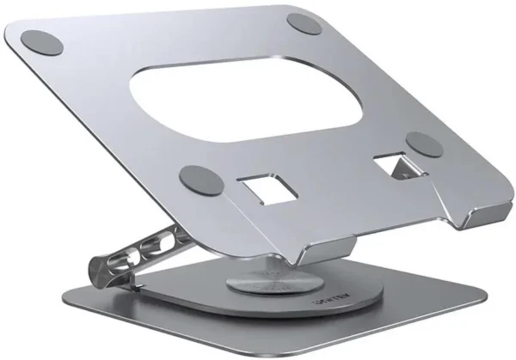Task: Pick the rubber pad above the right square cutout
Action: [424, 143]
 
